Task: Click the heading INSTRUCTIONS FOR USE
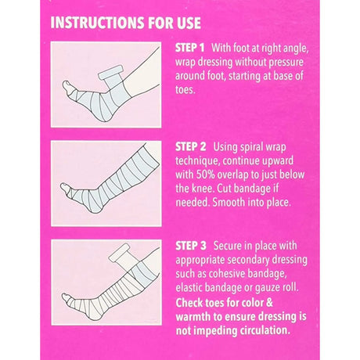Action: (125, 21)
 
